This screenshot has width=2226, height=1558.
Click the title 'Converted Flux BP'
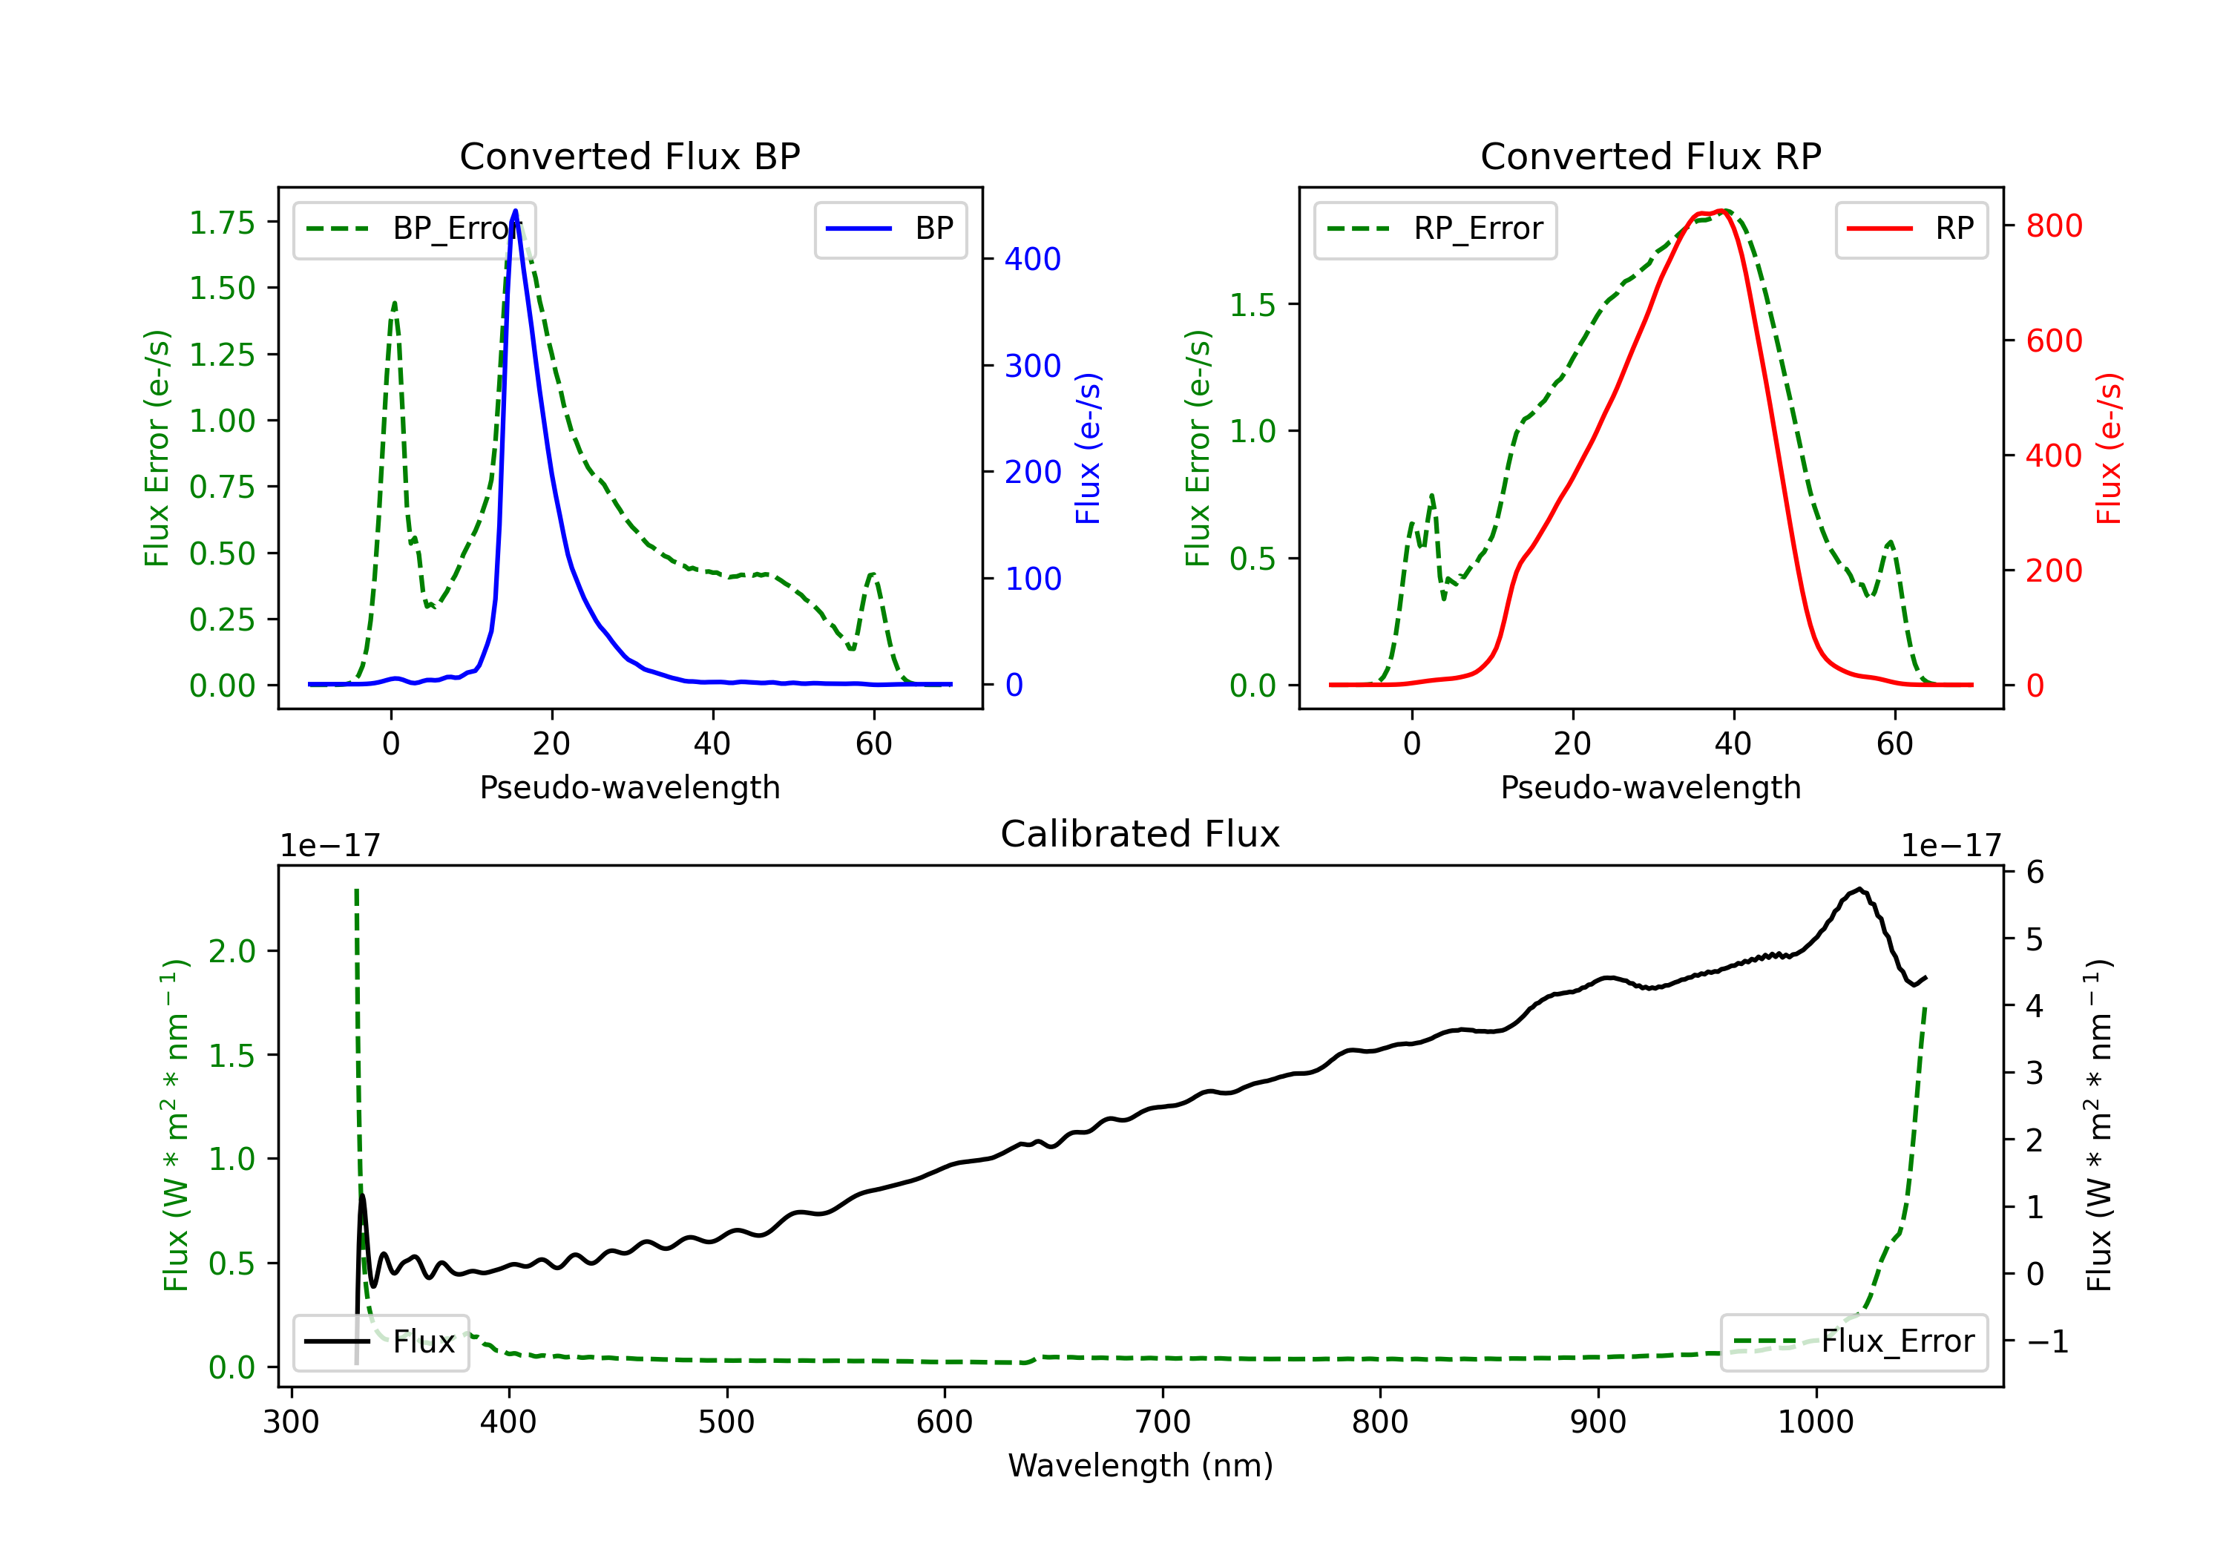pyautogui.click(x=629, y=156)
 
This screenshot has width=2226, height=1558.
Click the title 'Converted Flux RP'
pyautogui.click(x=1650, y=156)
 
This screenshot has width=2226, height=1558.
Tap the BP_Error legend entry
pyautogui.click(x=414, y=229)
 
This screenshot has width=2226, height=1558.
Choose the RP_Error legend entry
pyautogui.click(x=1435, y=229)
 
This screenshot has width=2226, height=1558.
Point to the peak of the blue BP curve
pyautogui.click(x=515, y=211)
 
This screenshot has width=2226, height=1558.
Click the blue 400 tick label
pyautogui.click(x=1033, y=259)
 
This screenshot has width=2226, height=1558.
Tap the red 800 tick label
pyautogui.click(x=2053, y=226)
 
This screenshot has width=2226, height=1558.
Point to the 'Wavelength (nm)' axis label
pyautogui.click(x=1140, y=1465)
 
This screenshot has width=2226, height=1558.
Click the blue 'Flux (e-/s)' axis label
pyautogui.click(x=1088, y=448)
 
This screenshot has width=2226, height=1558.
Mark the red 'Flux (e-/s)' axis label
pyautogui.click(x=2109, y=448)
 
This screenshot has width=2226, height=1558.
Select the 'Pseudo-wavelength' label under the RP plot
pyautogui.click(x=1650, y=787)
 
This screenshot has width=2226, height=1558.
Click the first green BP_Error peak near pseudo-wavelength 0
pyautogui.click(x=393, y=303)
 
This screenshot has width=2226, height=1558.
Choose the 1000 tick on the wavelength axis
pyautogui.click(x=1815, y=1421)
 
